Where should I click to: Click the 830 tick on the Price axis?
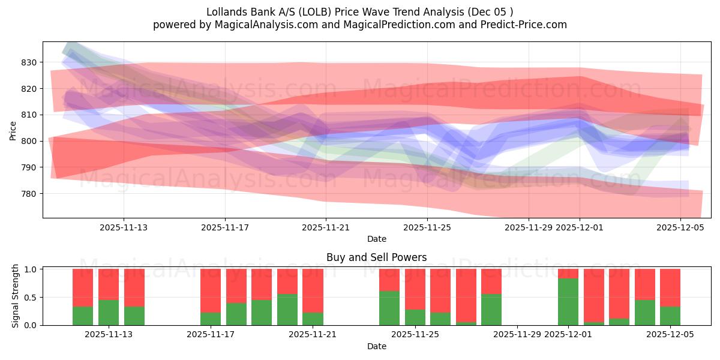pyautogui.click(x=29, y=62)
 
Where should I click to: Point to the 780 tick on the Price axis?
pyautogui.click(x=29, y=194)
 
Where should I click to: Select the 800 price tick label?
pyautogui.click(x=29, y=141)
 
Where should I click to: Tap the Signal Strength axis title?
pyautogui.click(x=16, y=296)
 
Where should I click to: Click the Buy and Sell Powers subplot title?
pyautogui.click(x=376, y=257)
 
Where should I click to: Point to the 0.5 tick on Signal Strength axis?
pyautogui.click(x=30, y=297)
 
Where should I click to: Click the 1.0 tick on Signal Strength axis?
pyautogui.click(x=30, y=269)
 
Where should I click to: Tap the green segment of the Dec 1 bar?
pyautogui.click(x=568, y=302)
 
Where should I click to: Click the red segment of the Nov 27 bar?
pyautogui.click(x=466, y=294)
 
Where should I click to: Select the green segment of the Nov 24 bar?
pyautogui.click(x=389, y=308)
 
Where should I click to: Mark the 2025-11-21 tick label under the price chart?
pyautogui.click(x=326, y=227)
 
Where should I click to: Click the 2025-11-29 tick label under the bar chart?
pyautogui.click(x=517, y=335)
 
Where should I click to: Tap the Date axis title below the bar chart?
pyautogui.click(x=376, y=346)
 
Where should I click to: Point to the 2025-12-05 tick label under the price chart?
pyautogui.click(x=680, y=227)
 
